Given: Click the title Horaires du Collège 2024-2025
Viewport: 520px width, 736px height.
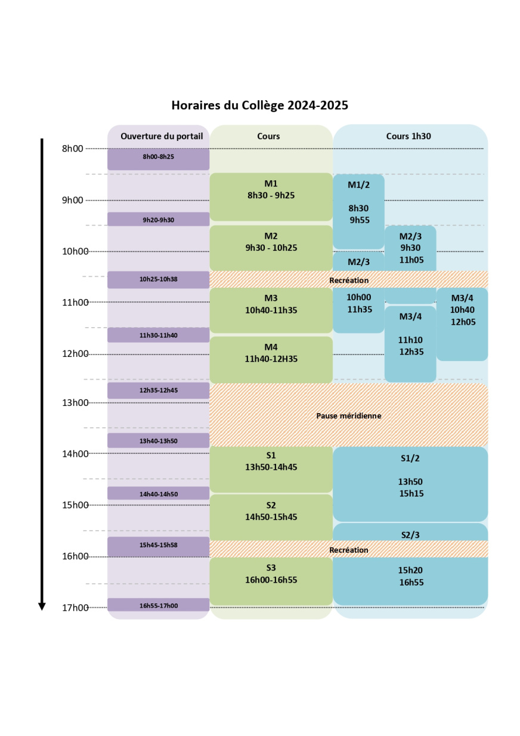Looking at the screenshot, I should (259, 106).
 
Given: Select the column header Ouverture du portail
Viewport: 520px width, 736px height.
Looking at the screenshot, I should (162, 136).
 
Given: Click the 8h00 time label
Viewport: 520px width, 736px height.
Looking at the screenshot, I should (73, 149).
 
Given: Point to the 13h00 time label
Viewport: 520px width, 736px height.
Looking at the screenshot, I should (73, 403).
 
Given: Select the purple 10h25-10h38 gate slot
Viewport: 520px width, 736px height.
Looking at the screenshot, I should (158, 279).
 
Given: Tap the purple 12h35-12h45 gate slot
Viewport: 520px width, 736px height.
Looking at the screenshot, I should (158, 391).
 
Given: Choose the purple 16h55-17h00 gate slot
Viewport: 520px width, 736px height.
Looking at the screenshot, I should (158, 605).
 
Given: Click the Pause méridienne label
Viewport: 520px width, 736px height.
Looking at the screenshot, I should (349, 415).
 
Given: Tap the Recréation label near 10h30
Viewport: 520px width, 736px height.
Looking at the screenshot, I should (349, 280).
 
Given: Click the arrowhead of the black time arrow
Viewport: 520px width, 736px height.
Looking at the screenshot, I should (42, 606).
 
